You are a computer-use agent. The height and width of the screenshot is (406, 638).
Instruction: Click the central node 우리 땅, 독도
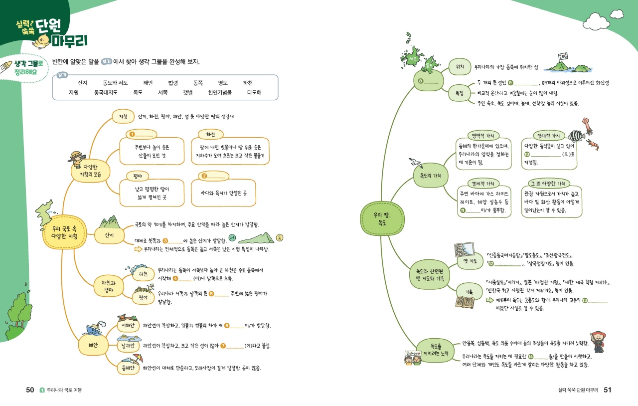[382, 218]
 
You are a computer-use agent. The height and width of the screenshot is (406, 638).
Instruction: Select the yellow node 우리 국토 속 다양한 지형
[64, 232]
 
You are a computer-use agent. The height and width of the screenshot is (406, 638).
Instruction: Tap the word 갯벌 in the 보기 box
[188, 92]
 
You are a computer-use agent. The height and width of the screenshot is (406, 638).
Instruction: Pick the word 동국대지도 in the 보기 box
[106, 92]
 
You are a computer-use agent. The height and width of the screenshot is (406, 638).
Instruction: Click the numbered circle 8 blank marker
[421, 81]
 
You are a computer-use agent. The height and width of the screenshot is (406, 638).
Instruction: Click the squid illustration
[588, 126]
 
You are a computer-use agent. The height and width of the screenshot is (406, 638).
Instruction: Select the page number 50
[30, 390]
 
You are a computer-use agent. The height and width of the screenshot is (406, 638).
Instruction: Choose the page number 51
[608, 390]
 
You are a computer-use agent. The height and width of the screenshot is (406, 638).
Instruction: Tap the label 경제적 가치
[483, 184]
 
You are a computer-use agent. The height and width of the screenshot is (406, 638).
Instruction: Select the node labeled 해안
[93, 345]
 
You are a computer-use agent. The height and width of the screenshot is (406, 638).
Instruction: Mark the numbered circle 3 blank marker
[165, 240]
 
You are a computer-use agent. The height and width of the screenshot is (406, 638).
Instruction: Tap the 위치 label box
[460, 66]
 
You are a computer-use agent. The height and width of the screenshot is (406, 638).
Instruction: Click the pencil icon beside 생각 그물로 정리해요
[6, 66]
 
